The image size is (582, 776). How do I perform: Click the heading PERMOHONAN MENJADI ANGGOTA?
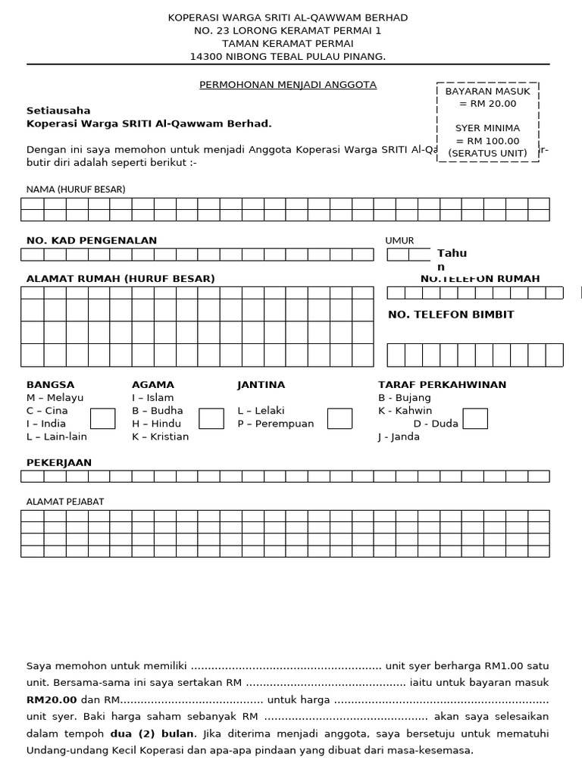288,85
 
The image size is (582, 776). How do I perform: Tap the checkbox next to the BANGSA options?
102,418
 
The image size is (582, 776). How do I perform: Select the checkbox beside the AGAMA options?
211,418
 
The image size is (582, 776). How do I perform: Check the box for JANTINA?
339,418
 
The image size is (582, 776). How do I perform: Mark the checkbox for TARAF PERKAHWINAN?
475,418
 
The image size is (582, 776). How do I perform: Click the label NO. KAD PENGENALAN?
92,240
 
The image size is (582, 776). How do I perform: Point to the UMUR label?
399,240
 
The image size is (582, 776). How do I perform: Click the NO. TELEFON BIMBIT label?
451,314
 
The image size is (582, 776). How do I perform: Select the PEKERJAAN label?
59,462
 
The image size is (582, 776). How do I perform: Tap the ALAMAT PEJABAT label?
65,501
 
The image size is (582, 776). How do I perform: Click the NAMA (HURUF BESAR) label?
76,189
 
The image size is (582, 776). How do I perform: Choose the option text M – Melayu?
55,398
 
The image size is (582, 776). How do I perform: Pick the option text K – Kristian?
160,436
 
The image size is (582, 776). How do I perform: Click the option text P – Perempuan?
275,424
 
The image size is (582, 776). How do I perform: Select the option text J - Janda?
399,436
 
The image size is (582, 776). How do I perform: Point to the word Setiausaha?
58,111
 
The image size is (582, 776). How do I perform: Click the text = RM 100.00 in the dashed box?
487,141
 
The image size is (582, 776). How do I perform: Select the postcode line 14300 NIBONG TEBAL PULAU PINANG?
288,57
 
